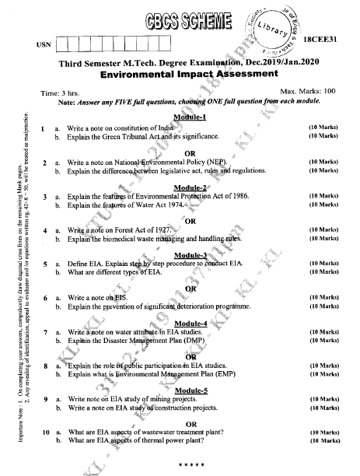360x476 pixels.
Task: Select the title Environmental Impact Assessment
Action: click(189, 75)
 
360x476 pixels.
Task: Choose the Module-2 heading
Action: click(190, 187)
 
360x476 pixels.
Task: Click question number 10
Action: click(46, 432)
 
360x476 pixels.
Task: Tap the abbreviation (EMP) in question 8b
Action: click(227, 374)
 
